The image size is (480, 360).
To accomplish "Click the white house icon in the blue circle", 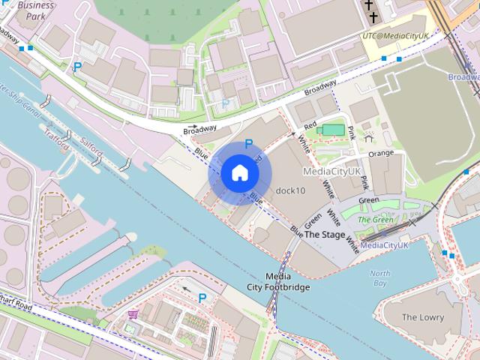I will point(239,173).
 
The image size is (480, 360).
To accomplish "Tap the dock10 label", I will point(291,190).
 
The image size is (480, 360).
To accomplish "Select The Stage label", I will point(325,235).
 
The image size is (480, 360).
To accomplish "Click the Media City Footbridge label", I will point(278,281).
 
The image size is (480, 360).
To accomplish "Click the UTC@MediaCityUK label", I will point(395,35).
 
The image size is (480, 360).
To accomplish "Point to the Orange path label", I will point(380,154).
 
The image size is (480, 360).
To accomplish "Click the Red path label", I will point(310,125).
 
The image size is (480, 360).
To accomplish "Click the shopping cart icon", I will point(133,314).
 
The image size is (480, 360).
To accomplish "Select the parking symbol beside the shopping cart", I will point(202,298).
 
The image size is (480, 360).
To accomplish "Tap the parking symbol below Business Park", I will point(77,67).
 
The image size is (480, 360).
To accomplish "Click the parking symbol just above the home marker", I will point(249,142).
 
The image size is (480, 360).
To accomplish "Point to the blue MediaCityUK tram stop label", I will point(384,245).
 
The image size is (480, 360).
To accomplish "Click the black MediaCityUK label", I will point(332,172).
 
